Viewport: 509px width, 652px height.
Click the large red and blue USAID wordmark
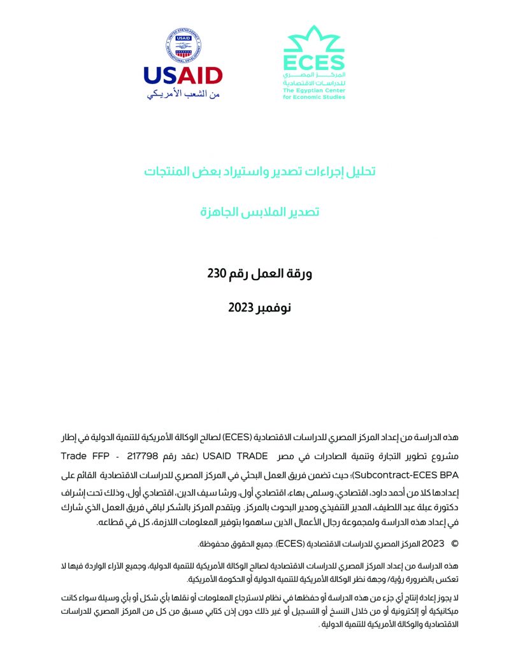[x=183, y=76]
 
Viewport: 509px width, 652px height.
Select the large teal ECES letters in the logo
[x=313, y=63]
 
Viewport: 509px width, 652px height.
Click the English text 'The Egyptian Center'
[x=314, y=91]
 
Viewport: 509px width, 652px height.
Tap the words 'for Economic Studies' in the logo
[x=314, y=97]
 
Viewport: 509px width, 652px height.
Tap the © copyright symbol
[x=454, y=543]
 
